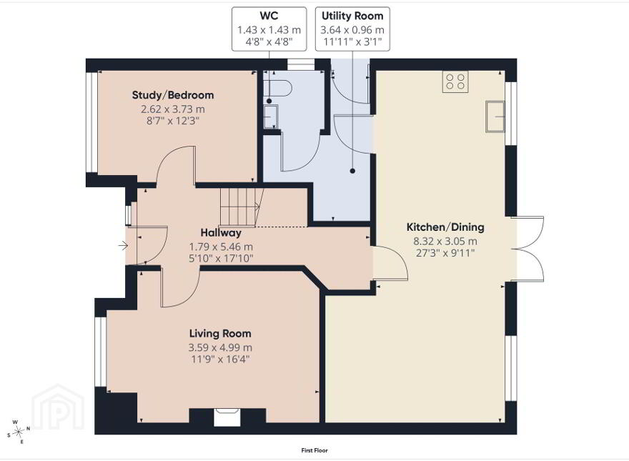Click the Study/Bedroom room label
(173, 95)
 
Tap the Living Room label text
(220, 333)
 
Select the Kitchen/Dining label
(445, 227)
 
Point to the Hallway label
(221, 233)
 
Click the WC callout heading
(269, 16)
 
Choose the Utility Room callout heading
(352, 16)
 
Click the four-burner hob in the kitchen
(455, 82)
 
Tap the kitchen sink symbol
(495, 117)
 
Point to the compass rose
(19, 432)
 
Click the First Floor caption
(314, 450)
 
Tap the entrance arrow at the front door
(123, 245)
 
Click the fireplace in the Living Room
(227, 417)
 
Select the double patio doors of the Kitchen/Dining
(528, 249)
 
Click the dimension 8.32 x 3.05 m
(445, 241)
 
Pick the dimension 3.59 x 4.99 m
(220, 347)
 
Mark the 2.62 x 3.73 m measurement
(173, 109)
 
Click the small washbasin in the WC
(271, 117)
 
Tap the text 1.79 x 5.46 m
(221, 247)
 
